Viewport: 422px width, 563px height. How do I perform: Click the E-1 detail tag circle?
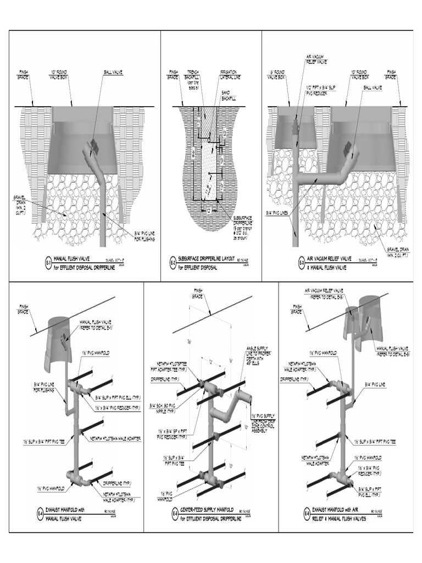click(x=48, y=263)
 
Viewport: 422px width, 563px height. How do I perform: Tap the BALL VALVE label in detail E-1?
click(x=113, y=72)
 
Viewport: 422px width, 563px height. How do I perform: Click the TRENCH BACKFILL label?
click(x=193, y=77)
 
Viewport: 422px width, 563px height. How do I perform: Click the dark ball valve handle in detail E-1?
click(x=93, y=147)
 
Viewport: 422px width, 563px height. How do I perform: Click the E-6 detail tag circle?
click(x=306, y=514)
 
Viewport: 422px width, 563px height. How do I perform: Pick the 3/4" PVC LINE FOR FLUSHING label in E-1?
click(x=144, y=237)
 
